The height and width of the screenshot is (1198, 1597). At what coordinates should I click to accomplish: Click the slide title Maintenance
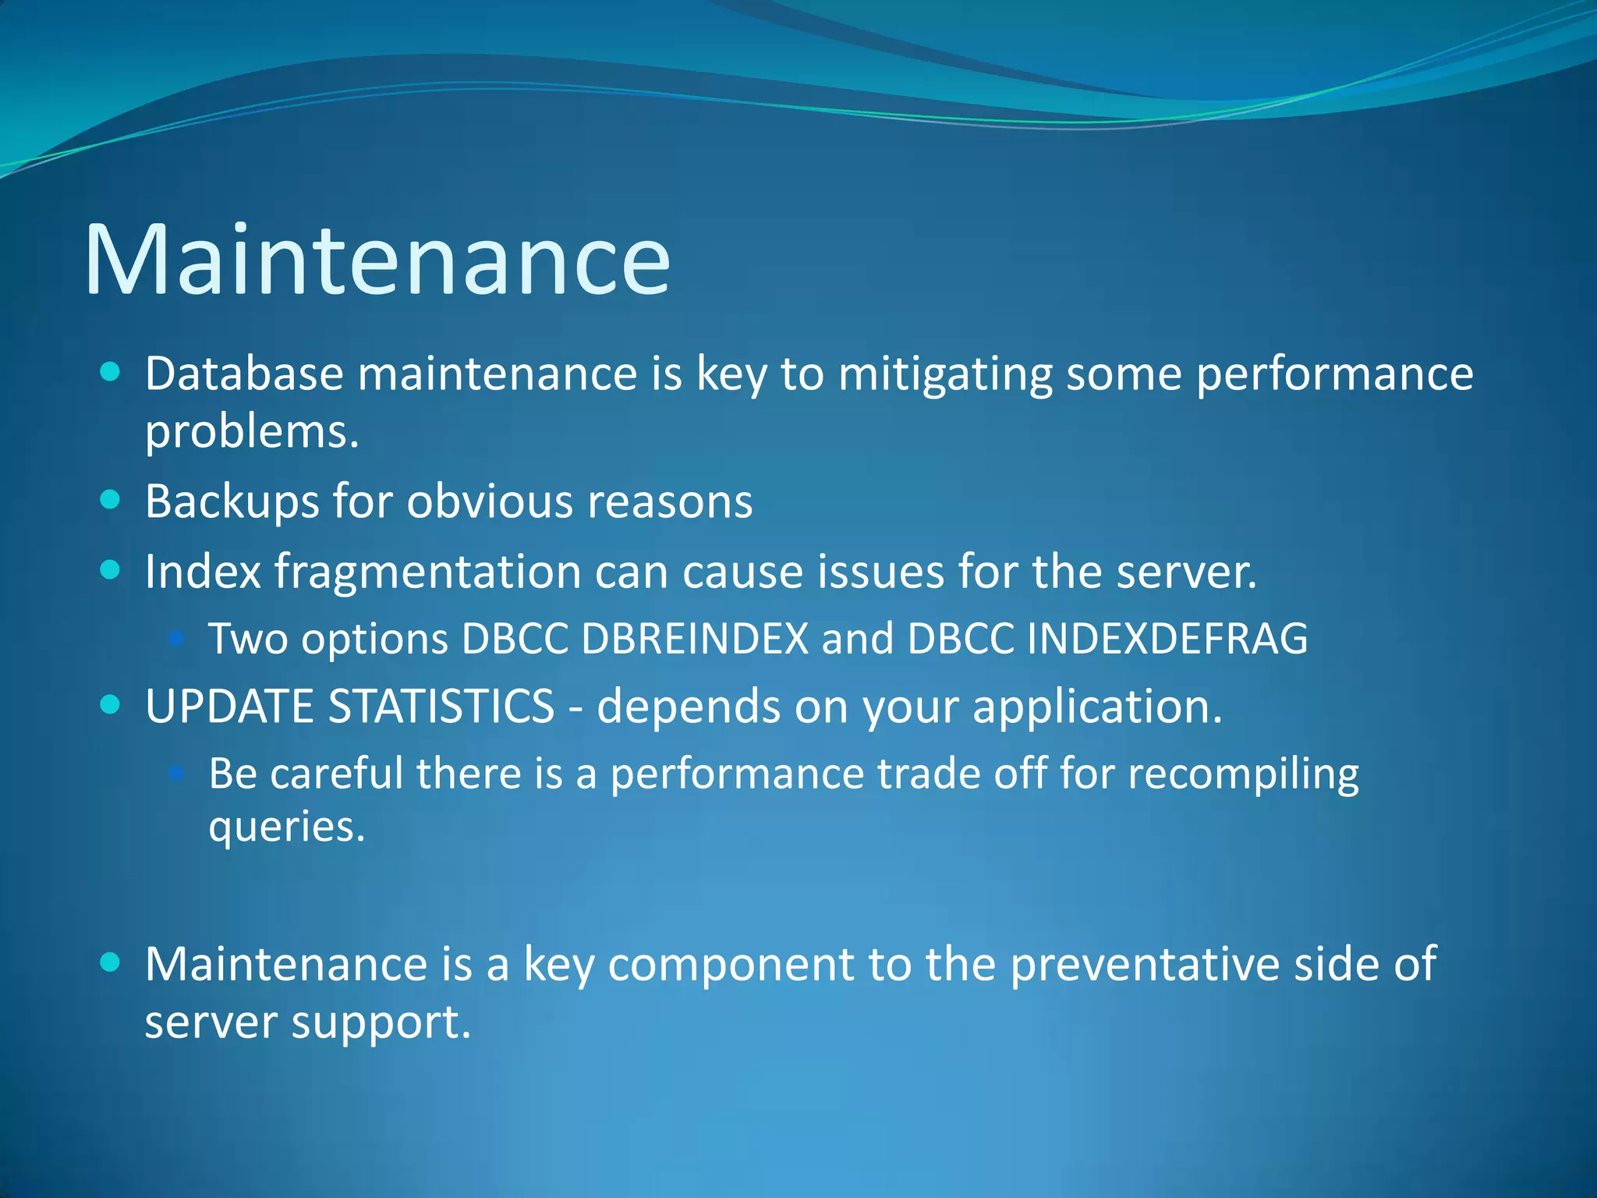377,260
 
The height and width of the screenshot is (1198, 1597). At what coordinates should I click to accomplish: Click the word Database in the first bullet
244,374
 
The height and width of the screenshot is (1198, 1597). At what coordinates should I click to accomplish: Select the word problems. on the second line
251,432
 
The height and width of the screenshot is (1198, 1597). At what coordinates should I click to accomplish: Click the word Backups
232,502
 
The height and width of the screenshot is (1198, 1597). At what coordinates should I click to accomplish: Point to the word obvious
490,501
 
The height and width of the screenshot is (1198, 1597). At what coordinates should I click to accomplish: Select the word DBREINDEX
695,639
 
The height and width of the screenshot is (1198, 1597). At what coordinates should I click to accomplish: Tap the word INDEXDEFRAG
1167,639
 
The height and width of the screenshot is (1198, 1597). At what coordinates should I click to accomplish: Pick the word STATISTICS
441,707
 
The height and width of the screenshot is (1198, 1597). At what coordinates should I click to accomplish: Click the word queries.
286,828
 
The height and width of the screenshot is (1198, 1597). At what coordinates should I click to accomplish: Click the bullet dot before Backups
111,499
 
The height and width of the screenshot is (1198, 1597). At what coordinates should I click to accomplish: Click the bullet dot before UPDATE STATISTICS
111,705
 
